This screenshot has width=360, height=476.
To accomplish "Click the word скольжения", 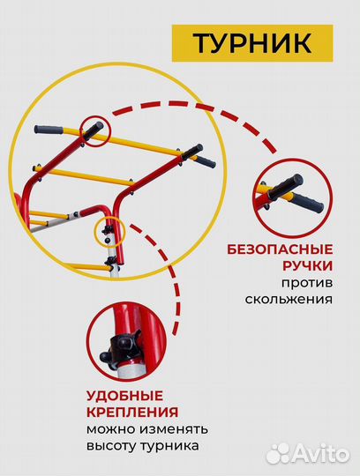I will tap(289, 299).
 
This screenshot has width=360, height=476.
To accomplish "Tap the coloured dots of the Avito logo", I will tap(278, 453).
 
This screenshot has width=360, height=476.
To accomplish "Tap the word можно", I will tap(109, 428).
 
